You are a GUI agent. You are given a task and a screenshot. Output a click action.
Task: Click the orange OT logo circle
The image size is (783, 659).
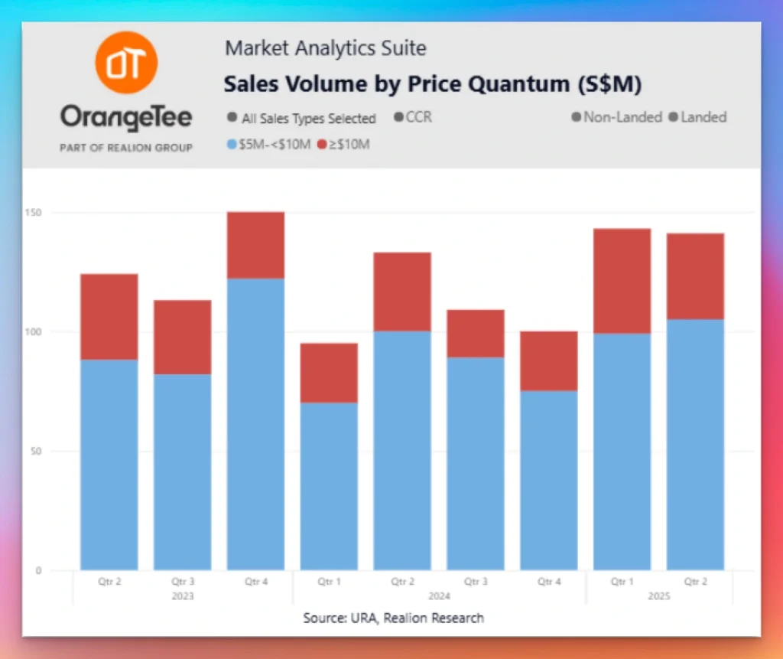pos(126,64)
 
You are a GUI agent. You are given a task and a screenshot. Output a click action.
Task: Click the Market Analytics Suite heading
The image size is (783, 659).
pos(325,49)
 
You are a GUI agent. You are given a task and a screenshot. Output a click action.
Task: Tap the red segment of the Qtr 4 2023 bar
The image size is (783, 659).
pos(255,245)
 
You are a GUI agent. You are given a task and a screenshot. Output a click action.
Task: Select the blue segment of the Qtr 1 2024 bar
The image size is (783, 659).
pos(329,486)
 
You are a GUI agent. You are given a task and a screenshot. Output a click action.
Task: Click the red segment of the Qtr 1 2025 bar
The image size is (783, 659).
pos(622,281)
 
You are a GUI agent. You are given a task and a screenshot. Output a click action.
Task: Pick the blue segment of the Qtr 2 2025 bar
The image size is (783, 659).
pos(695,444)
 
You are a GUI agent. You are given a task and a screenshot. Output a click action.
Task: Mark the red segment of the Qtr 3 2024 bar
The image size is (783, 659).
pos(476,334)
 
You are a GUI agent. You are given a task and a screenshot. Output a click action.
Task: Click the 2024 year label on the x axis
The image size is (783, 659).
pos(439,596)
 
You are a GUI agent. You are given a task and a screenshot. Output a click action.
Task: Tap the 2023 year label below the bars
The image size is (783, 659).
pos(182,596)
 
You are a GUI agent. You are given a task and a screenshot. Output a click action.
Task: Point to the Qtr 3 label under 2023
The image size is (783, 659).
pos(182,582)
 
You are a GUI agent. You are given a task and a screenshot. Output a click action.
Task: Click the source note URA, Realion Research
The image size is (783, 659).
pos(393,618)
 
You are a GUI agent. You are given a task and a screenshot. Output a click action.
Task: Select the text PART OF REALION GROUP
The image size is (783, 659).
pos(126,147)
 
